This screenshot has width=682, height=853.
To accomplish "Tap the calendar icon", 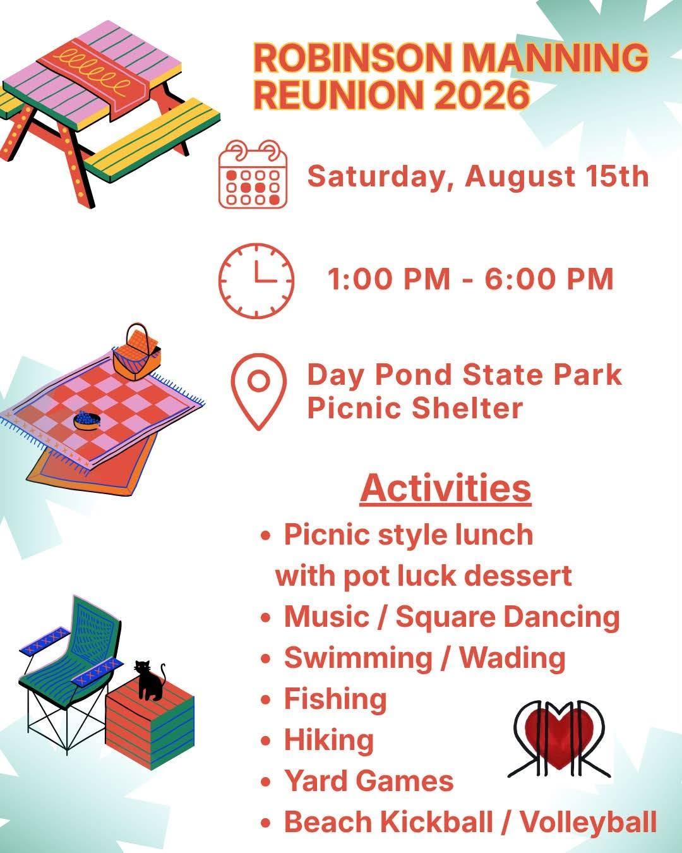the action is [253, 174].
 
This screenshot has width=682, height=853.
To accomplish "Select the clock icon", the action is [256, 281].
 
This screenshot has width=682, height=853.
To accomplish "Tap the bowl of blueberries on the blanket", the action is [87, 420].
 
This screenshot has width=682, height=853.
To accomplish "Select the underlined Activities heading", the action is [445, 488].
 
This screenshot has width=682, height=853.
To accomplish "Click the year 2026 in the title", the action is [481, 95].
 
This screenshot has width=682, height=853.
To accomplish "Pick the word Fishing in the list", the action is [335, 699].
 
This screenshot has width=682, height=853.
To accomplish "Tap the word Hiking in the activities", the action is [329, 741].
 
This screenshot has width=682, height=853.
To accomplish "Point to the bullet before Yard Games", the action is [265, 783].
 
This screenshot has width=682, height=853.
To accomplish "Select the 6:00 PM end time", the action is [549, 279].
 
